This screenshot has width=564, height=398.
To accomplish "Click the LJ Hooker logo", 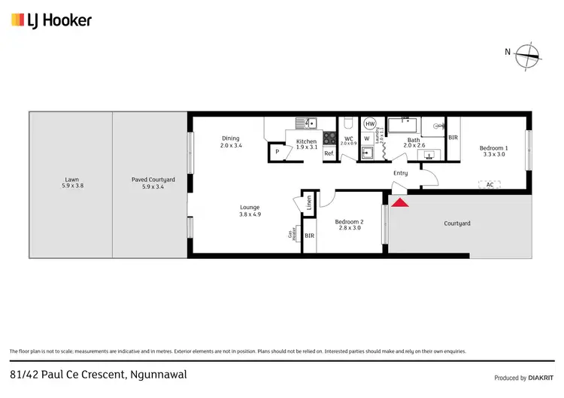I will [51, 20].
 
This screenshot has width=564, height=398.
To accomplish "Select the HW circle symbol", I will [369, 124].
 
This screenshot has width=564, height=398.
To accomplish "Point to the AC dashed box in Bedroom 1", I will [490, 184].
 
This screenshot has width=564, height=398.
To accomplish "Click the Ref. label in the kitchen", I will [329, 153].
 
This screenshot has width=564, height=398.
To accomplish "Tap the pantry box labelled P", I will [277, 152].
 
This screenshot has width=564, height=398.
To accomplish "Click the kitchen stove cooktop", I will [329, 138].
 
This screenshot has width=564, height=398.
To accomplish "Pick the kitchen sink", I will [306, 124].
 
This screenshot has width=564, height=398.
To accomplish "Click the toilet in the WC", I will [347, 123].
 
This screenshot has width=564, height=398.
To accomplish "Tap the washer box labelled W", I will [367, 138].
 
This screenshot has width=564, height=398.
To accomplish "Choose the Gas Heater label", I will [292, 234].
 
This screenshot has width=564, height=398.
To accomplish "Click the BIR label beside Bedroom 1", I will [453, 138].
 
